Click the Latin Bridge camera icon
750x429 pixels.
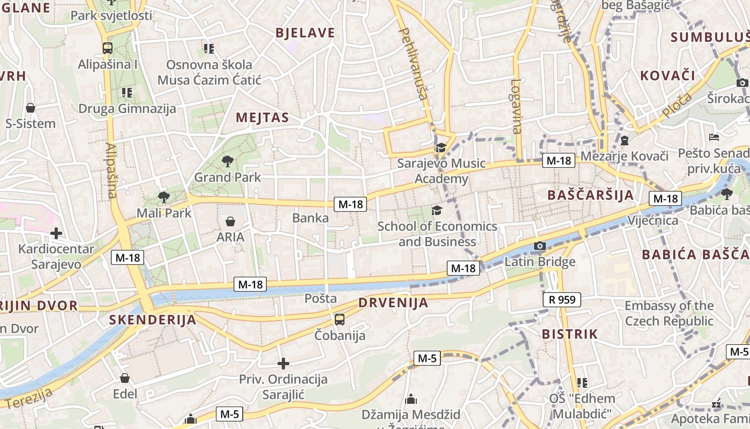pyautogui.click(x=539, y=246)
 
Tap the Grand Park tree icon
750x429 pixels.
pyautogui.click(x=228, y=160)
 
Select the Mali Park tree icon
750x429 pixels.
pyautogui.click(x=163, y=197)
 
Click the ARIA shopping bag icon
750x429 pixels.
pyautogui.click(x=230, y=221)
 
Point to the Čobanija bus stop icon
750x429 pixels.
pyautogui.click(x=339, y=320)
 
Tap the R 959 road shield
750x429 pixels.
pyautogui.click(x=561, y=300)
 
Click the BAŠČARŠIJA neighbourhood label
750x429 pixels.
pyautogui.click(x=590, y=195)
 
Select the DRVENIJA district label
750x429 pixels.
pyautogui.click(x=393, y=302)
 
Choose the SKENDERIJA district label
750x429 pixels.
pyautogui.click(x=153, y=320)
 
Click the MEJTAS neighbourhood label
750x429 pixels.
pyautogui.click(x=262, y=117)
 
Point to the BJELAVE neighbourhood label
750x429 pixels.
pyautogui.click(x=305, y=33)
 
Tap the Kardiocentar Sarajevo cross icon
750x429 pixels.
pyautogui.click(x=56, y=233)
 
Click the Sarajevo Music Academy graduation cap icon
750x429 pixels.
pyautogui.click(x=441, y=147)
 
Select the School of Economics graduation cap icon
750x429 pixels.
pyautogui.click(x=437, y=210)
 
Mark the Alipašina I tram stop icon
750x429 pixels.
pyautogui.click(x=108, y=48)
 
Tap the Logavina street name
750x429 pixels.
pyautogui.click(x=516, y=106)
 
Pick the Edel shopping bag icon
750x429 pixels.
pyautogui.click(x=125, y=378)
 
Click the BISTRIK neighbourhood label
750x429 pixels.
pyautogui.click(x=569, y=334)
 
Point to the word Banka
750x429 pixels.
pyautogui.click(x=310, y=218)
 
